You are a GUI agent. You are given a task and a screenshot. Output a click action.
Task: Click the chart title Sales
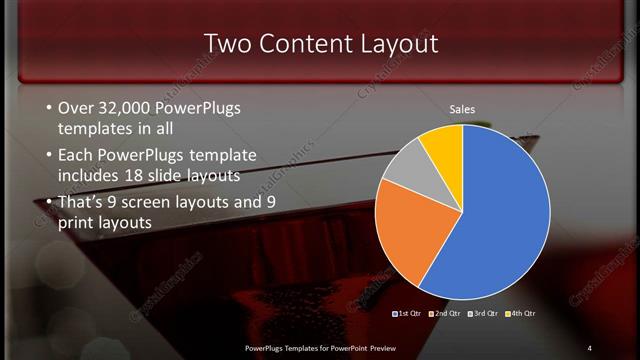click(461, 109)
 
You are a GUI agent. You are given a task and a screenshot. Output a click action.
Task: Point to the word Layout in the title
click(399, 44)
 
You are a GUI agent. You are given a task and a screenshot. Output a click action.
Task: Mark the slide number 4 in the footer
click(589, 347)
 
